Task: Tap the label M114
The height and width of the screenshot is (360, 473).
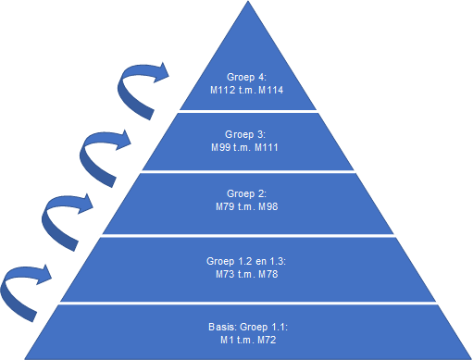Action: click(271, 90)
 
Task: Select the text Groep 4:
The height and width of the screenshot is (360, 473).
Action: click(246, 77)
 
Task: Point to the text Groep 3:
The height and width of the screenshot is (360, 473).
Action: click(245, 134)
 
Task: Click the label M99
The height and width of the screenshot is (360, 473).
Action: click(220, 147)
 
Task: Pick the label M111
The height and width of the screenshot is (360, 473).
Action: click(267, 147)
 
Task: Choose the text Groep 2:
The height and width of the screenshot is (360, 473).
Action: click(246, 193)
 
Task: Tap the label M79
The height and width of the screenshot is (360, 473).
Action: click(225, 206)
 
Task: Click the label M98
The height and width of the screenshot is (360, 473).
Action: click(268, 206)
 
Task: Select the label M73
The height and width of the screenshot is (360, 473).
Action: click(225, 274)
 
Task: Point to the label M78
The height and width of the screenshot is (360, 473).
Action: click(268, 274)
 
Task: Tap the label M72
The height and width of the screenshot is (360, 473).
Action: click(267, 340)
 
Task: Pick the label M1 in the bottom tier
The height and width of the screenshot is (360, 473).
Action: click(227, 340)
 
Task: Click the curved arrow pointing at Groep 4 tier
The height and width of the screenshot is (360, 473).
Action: click(123, 93)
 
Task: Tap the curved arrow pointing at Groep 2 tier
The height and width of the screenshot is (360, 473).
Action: click(46, 225)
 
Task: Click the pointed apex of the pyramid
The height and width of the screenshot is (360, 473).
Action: click(248, 1)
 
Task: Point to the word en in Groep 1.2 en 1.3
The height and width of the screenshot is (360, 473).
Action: click(261, 262)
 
